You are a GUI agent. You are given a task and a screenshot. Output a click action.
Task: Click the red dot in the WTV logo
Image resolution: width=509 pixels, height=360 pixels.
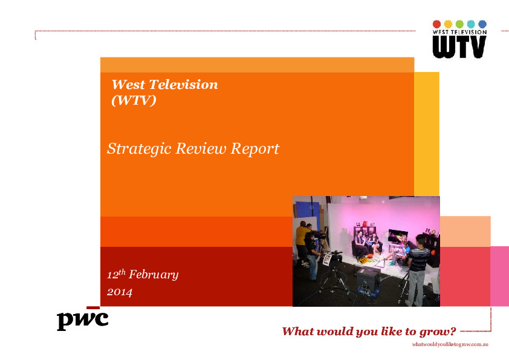(x=437, y=24)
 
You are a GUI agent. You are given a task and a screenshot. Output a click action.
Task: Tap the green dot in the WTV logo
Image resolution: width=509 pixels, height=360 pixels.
(x=459, y=24)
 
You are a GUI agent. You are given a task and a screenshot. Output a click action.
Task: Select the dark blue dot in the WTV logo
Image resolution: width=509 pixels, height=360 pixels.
(x=482, y=24)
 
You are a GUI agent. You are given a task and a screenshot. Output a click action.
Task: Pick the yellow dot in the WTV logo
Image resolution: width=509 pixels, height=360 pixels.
(x=448, y=24)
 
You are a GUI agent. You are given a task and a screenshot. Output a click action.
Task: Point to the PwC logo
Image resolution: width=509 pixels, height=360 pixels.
(x=82, y=318)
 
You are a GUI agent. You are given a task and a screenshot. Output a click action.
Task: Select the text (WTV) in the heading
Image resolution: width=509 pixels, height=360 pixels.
(x=134, y=100)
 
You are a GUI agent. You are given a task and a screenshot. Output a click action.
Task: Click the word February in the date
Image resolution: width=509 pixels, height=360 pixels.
(x=154, y=275)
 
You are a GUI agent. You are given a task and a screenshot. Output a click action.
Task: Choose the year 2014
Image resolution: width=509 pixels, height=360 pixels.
(x=120, y=292)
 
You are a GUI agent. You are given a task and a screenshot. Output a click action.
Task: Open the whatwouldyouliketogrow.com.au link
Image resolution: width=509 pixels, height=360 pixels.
(x=450, y=344)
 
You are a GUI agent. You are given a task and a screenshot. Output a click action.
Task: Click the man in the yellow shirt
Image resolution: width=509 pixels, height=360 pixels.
(x=300, y=239)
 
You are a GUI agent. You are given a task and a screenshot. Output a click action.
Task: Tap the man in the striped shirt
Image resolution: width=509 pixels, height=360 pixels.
(x=418, y=260)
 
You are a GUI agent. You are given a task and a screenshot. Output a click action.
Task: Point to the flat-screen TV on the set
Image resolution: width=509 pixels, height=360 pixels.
(x=398, y=236)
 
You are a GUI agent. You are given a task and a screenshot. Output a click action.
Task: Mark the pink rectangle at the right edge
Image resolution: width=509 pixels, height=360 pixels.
(x=499, y=276)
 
